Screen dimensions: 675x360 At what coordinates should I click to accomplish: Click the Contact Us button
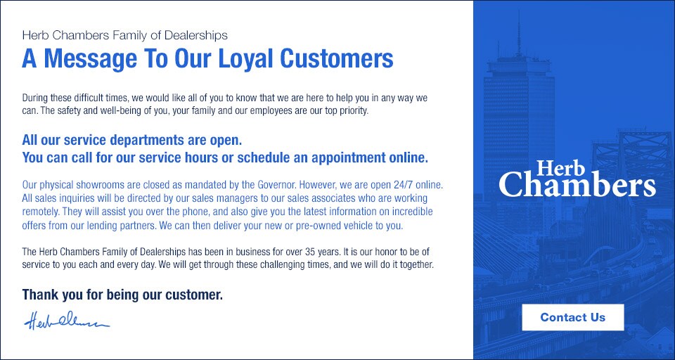[x=572, y=317]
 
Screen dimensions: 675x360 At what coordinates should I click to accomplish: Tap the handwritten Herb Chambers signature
[x=67, y=321]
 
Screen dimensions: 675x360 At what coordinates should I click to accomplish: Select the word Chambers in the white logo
[x=577, y=185]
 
